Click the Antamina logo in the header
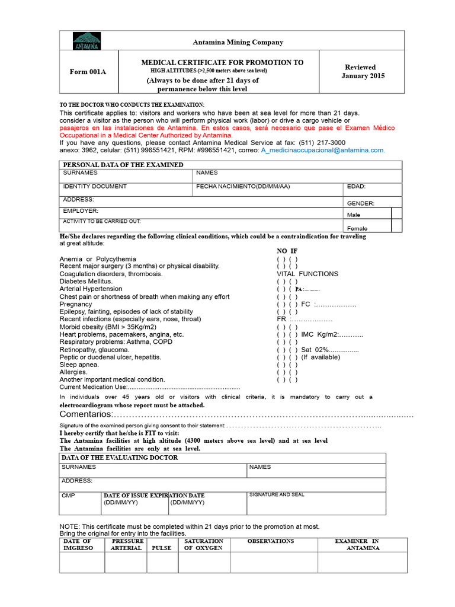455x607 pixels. click(86, 41)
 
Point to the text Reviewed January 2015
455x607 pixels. click(363, 72)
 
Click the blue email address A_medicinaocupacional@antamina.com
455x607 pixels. click(323, 151)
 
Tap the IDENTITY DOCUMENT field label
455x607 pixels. click(95, 186)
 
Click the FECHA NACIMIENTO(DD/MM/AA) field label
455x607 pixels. click(243, 186)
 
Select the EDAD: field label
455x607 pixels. click(356, 187)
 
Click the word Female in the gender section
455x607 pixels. click(357, 228)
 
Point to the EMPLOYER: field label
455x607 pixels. click(81, 210)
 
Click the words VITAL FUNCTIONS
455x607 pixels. click(307, 274)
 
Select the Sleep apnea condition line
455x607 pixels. click(79, 365)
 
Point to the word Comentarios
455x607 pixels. click(86, 414)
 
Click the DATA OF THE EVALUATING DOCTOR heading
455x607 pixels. click(120, 458)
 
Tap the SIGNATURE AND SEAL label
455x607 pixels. click(277, 494)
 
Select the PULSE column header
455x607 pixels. click(161, 548)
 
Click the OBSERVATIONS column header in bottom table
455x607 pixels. click(270, 541)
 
